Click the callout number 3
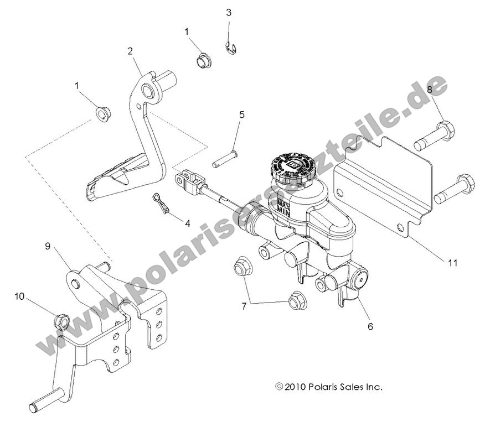point(229,12)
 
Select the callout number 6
point(370,326)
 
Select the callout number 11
point(452,263)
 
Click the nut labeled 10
point(62,320)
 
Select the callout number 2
point(130,51)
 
